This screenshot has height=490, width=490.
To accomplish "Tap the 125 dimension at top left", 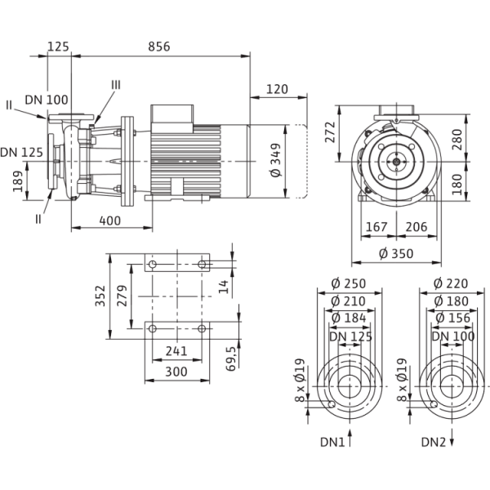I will point(58,47).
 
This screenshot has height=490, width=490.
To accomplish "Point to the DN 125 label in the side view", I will point(23,153).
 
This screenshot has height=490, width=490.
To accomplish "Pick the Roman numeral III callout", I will point(116,84).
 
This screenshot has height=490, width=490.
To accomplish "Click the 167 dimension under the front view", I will point(376,229).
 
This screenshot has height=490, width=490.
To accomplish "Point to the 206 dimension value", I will point(419,229).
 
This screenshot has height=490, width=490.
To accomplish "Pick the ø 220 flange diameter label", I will point(447,283).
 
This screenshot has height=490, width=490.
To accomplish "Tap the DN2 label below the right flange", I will point(435,443).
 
